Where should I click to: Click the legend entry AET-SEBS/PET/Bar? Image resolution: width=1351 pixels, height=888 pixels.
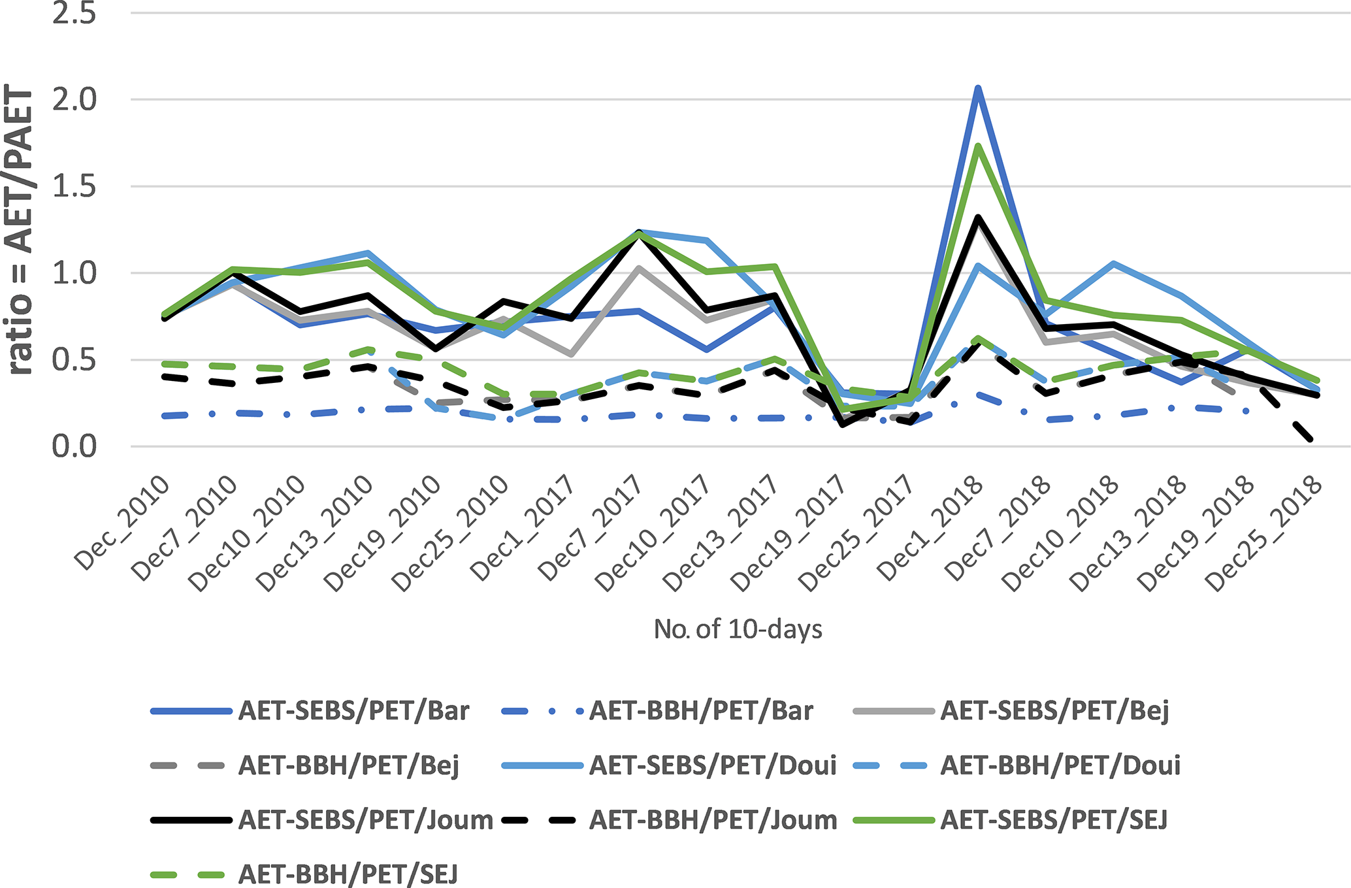(x=353, y=711)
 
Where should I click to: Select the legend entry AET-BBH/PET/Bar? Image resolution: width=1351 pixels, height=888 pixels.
(x=701, y=711)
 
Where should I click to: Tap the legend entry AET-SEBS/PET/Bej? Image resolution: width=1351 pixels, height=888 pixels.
(x=1054, y=711)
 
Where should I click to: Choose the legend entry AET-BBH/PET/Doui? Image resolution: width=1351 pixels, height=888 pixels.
(x=1060, y=765)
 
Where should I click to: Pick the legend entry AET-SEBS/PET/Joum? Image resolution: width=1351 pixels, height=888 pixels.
(x=365, y=820)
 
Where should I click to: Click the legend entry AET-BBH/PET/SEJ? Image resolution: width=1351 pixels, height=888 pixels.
(x=348, y=874)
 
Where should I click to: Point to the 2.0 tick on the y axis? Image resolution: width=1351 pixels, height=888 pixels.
(x=74, y=100)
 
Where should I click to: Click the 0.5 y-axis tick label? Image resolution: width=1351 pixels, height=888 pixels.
(x=74, y=360)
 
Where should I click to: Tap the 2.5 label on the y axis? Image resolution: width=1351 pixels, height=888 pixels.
(x=74, y=14)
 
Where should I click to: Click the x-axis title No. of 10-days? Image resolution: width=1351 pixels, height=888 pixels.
(x=738, y=629)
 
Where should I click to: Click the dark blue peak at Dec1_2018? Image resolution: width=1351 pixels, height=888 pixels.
(x=978, y=88)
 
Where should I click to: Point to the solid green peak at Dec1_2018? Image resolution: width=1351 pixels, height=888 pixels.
(x=978, y=146)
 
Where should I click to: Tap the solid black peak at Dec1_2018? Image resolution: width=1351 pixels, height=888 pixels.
(x=978, y=218)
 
